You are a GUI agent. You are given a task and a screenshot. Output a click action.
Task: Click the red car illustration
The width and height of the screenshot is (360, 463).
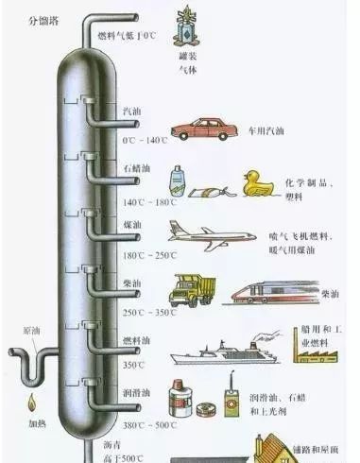[203, 130]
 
